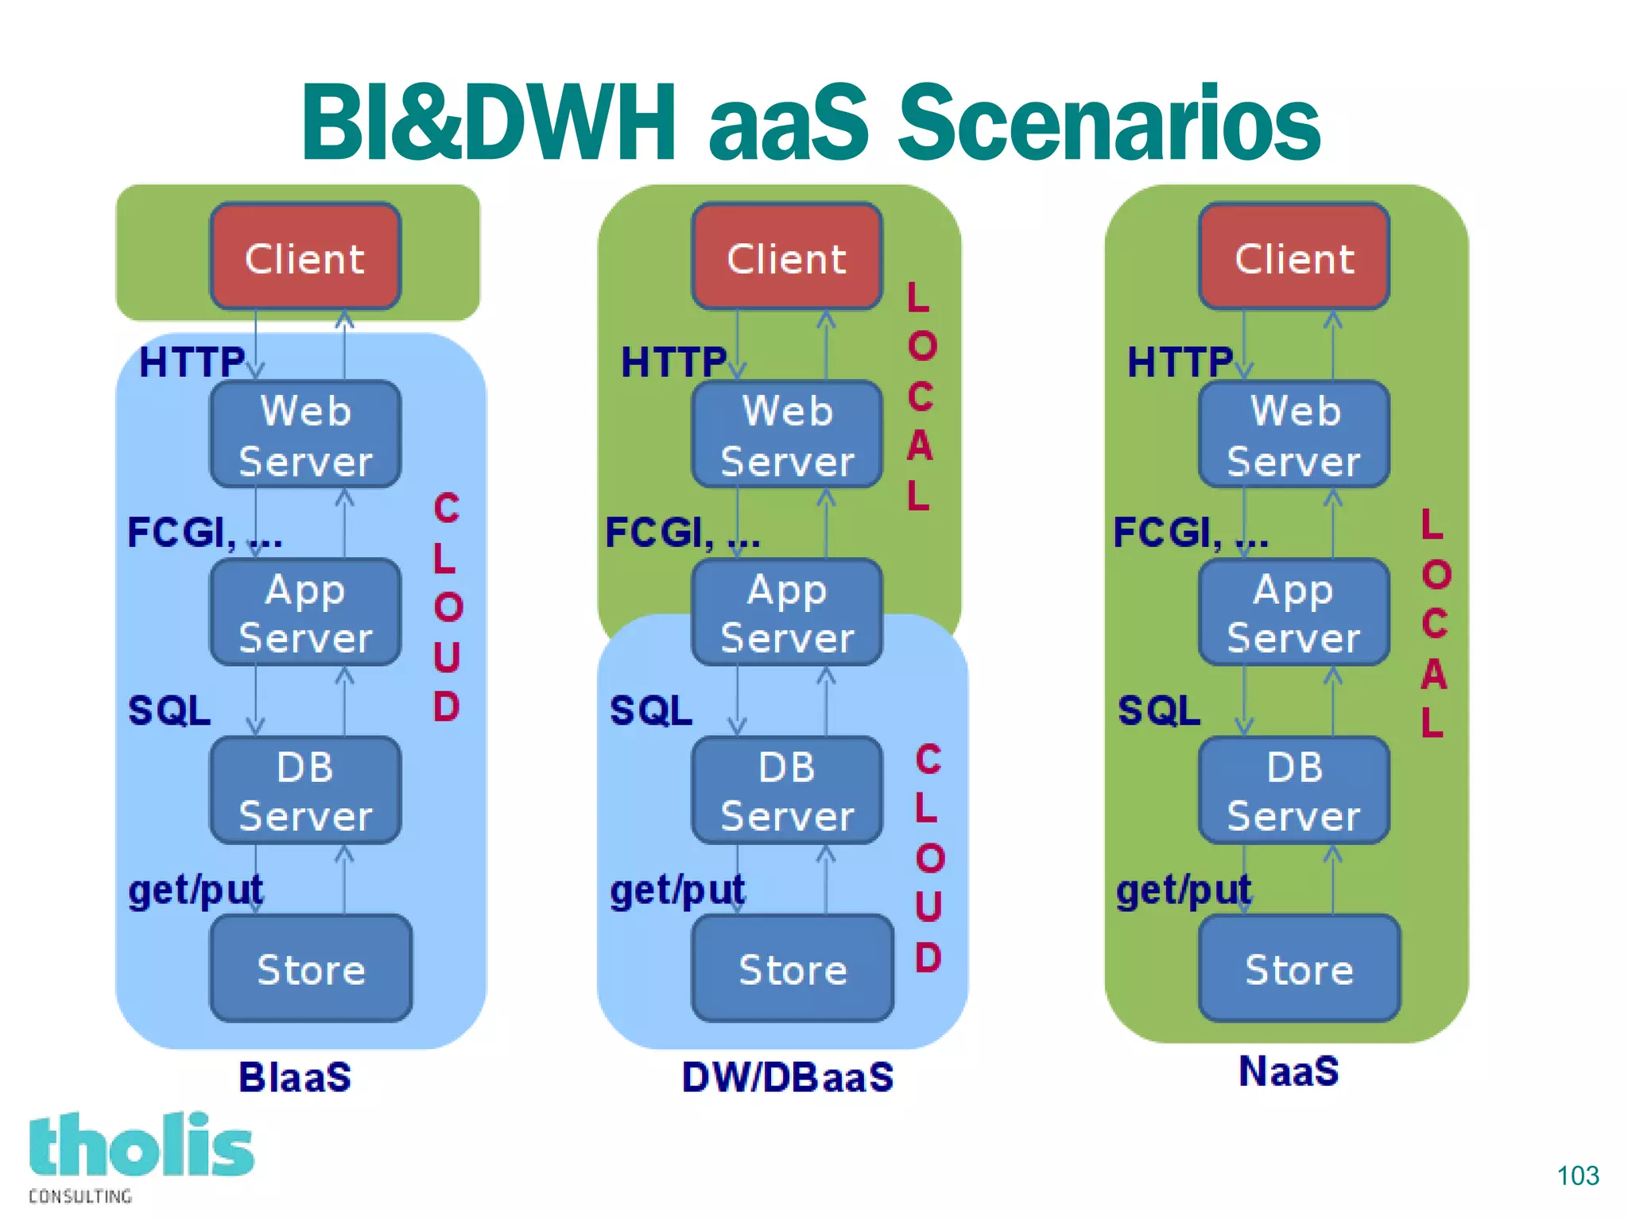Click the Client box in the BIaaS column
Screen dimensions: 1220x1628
pos(305,256)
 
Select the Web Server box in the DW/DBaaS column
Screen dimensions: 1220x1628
pos(787,434)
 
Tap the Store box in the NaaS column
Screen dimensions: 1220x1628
pos(1299,968)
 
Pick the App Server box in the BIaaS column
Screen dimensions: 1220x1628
pos(305,612)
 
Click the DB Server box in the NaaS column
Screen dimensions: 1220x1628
pos(1294,790)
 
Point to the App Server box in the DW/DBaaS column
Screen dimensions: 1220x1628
pos(787,612)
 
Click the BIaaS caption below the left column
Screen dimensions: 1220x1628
pos(295,1077)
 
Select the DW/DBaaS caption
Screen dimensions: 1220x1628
pos(788,1077)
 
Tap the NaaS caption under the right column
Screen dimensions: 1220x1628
pos(1289,1071)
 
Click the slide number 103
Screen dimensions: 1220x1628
pos(1577,1175)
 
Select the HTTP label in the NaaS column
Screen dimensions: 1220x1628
pos(1180,362)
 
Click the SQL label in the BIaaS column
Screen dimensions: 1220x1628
pos(169,710)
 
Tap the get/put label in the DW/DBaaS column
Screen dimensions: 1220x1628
pos(677,890)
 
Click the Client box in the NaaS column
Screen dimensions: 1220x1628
pos(1294,256)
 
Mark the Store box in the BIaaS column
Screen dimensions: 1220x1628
pos(311,968)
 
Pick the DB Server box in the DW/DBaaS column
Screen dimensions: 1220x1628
pos(787,790)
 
